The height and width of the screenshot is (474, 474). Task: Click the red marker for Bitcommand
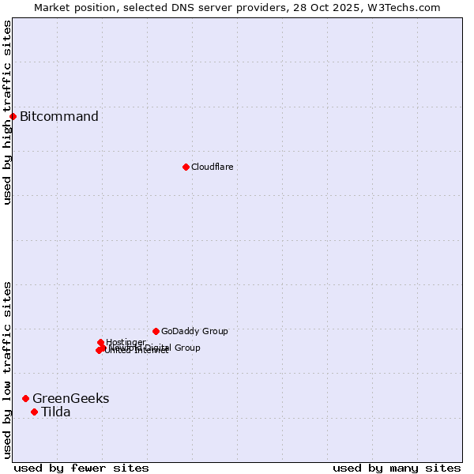point(13,117)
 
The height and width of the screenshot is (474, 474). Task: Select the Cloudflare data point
point(186,167)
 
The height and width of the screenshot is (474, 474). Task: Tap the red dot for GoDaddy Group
point(156,331)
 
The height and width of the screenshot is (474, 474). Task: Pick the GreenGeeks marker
point(25,398)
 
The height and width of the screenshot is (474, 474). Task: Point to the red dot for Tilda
point(34,412)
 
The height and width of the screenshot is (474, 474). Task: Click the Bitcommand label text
point(59,117)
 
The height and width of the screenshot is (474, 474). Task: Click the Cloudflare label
point(212,167)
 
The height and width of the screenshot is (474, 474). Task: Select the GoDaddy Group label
point(194,331)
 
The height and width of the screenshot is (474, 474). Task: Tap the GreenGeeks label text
point(71,398)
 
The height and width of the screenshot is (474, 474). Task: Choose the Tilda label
point(56,412)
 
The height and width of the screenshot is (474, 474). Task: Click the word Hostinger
point(126,342)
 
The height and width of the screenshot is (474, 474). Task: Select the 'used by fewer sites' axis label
point(81,468)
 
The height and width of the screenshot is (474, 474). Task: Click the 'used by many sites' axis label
point(397,468)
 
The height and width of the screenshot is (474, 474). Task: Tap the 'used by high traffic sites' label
point(7,112)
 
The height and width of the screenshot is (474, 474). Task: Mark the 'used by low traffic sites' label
point(7,370)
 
